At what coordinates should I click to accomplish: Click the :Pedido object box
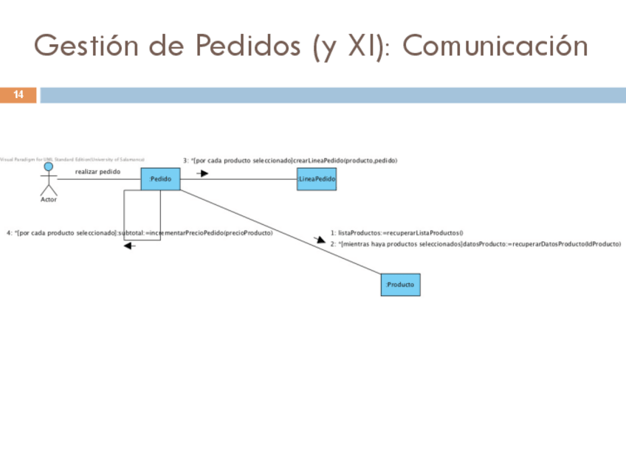pos(160,179)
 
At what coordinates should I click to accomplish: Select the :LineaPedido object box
pos(317,179)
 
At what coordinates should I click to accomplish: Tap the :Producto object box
pos(400,285)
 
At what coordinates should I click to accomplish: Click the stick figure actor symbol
pos(48,178)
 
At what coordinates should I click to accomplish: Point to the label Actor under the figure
pos(48,200)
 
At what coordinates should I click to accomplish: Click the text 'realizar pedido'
pos(97,172)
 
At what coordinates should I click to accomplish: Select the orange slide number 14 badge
pos(18,95)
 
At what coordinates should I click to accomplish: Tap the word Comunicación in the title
pos(495,46)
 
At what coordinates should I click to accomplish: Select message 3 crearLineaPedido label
pos(290,160)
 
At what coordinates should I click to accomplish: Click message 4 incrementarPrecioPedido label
pos(140,233)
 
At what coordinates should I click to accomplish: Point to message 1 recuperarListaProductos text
pos(396,232)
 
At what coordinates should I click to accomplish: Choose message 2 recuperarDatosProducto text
pos(475,243)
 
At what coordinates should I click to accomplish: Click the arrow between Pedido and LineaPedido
pos(202,174)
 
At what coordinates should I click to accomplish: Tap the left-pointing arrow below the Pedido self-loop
pos(130,246)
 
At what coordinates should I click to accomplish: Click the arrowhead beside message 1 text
pos(320,239)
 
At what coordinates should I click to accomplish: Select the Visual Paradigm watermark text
pos(72,159)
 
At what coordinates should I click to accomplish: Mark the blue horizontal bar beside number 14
pos(332,95)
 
